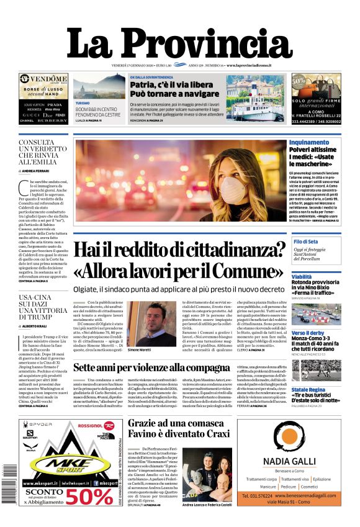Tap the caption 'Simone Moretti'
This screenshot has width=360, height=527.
pos(141,350)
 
